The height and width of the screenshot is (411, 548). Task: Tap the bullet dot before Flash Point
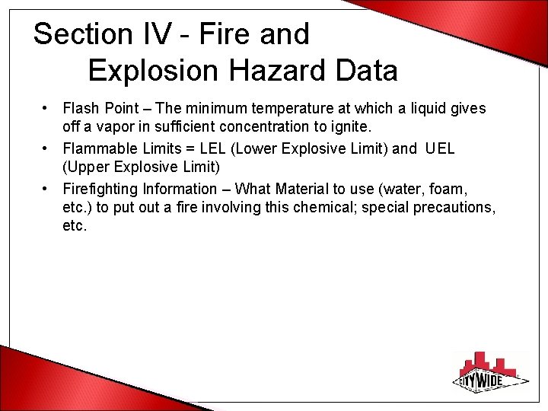(x=47, y=109)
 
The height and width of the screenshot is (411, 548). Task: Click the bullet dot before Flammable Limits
(x=47, y=148)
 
